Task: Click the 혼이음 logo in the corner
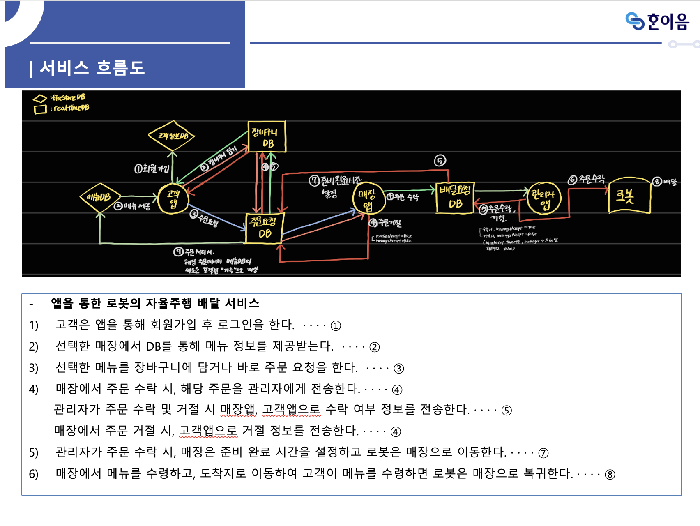coord(657,21)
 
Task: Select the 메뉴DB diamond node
coord(100,197)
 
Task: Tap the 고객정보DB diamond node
coord(172,135)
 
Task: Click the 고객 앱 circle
coord(173,199)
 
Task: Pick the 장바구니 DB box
coord(267,137)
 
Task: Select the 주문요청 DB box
coord(264,228)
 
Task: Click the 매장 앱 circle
coord(367,199)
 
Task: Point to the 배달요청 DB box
coord(455,198)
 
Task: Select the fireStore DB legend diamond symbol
coord(40,99)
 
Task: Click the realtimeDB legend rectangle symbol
coord(40,109)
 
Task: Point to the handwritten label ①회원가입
coord(152,168)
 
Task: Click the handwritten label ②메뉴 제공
coord(132,206)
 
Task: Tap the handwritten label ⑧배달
coord(664,182)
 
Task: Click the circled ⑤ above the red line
coord(440,161)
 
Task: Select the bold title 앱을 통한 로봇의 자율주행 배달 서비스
coord(155,303)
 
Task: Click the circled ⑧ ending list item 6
coord(610,475)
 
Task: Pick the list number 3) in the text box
coord(34,368)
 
